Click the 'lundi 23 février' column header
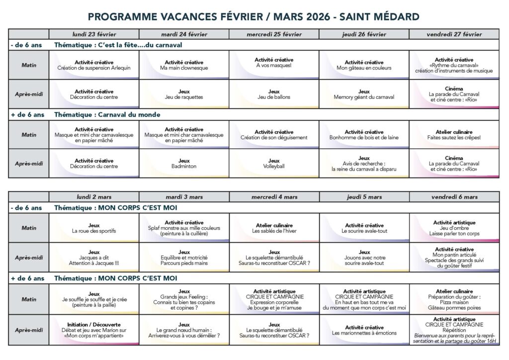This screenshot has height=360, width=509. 94,34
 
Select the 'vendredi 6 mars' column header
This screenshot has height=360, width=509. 454,197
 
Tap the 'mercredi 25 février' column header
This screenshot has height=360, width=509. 274,34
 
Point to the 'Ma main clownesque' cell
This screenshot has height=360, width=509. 184,65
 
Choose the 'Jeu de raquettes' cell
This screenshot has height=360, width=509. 184,94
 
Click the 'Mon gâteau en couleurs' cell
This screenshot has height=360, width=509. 364,65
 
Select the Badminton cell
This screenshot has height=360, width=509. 184,164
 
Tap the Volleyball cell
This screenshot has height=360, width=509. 274,164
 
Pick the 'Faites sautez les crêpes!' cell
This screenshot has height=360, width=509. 454,135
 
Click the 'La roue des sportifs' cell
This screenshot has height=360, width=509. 94,228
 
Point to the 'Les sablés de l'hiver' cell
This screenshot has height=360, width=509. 274,228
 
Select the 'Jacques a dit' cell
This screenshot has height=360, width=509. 94,258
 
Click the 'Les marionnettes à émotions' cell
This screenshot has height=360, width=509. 364,330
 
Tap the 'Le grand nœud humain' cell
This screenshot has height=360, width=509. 184,330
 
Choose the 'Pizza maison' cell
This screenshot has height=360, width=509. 454,300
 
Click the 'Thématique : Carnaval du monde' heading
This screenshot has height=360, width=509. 107,114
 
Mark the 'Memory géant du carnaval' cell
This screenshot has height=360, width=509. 364,94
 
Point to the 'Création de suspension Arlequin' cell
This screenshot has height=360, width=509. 94,65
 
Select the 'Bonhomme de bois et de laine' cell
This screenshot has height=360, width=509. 364,135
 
